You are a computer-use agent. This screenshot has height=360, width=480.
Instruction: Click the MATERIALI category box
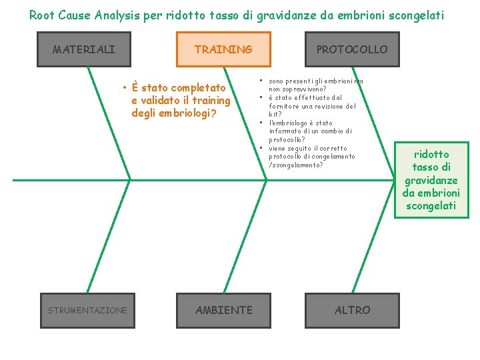[x=84, y=49]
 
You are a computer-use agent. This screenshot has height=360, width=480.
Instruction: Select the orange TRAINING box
[x=223, y=49]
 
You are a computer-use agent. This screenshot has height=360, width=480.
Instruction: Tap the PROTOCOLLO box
[x=351, y=49]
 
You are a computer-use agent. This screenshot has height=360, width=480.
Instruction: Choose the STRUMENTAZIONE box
[x=87, y=311]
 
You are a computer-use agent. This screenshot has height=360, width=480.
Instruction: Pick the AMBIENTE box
[x=223, y=311]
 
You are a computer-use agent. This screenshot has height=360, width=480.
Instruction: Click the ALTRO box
[x=352, y=311]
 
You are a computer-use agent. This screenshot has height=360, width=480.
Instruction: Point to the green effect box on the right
[x=431, y=180]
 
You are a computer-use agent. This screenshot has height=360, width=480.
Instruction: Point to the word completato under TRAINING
[x=199, y=88]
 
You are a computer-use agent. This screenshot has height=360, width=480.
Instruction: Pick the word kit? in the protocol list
[x=275, y=115]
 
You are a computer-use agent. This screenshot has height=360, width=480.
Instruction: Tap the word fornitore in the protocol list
[x=286, y=106]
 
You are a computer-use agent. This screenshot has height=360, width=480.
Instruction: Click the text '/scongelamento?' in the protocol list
[x=295, y=165]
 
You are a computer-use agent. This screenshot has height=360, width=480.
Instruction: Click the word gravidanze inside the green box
[x=431, y=181]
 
